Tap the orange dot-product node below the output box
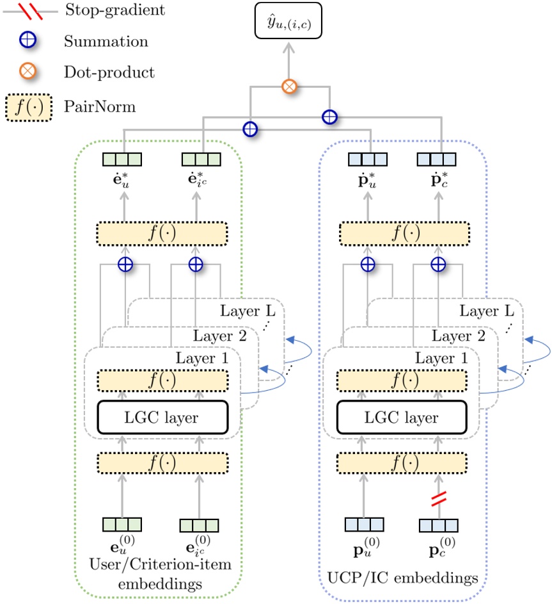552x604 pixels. point(289,86)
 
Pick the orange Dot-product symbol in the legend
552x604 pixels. point(29,72)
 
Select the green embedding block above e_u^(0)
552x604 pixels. point(123,525)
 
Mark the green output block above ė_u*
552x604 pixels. point(123,158)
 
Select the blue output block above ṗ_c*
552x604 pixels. point(437,158)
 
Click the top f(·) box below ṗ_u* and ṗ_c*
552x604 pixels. point(404,234)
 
